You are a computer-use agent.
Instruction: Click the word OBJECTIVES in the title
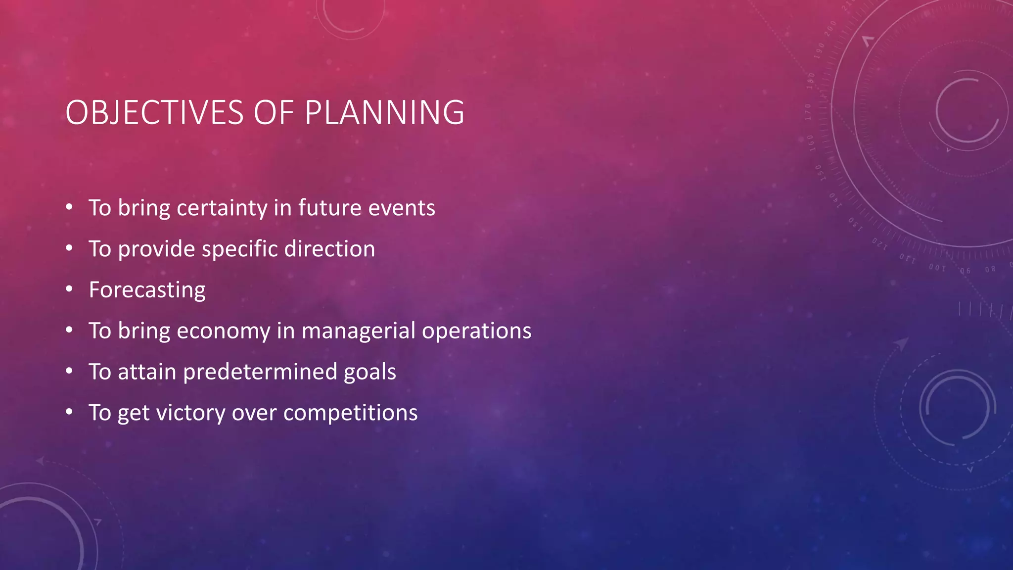(154, 113)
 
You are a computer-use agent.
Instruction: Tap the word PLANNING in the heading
(384, 113)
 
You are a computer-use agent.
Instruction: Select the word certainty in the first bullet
(222, 208)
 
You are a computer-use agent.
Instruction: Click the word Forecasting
(147, 290)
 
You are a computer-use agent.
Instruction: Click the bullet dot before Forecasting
(69, 288)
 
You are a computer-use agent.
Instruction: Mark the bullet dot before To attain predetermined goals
(69, 371)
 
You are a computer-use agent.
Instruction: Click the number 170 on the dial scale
(808, 112)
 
